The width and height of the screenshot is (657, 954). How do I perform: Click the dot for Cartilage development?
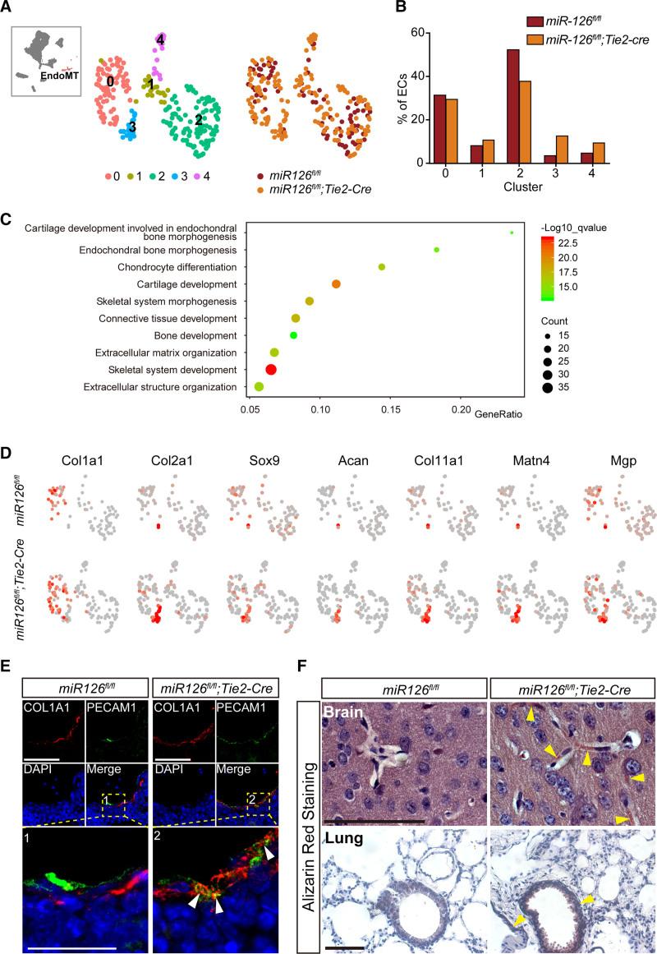(x=336, y=283)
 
